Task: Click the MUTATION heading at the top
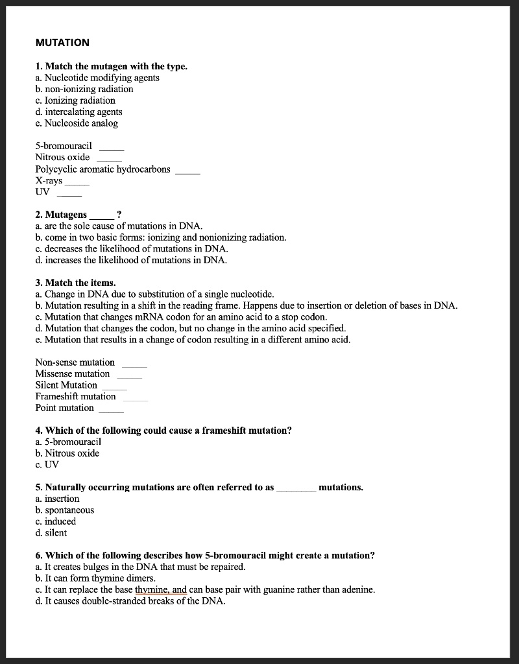(x=62, y=43)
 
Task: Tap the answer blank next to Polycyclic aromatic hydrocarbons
(x=188, y=172)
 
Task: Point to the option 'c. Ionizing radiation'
(x=75, y=101)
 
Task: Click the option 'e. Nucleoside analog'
(x=77, y=123)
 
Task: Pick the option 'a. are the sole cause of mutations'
(x=119, y=226)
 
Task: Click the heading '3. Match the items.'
(x=76, y=283)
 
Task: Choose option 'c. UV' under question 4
(x=47, y=464)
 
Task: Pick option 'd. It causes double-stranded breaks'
(x=130, y=601)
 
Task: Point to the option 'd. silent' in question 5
(x=51, y=533)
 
